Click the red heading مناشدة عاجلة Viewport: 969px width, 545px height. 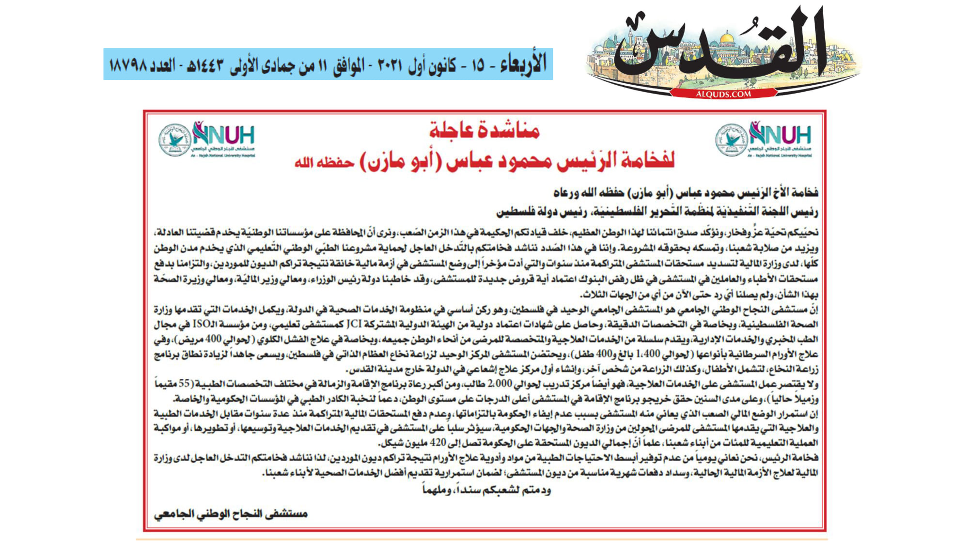pos(484,131)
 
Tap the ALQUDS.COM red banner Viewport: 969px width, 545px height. pos(723,94)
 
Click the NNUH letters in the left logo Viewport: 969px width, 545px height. pos(224,134)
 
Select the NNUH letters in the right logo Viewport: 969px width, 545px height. pos(780,134)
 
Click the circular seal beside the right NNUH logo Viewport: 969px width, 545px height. pos(731,140)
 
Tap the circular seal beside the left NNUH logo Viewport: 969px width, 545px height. pos(174,140)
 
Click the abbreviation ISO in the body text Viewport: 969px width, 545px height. pos(203,324)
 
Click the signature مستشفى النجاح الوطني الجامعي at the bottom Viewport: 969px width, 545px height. pos(231,514)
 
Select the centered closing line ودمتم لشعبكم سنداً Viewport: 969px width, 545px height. pos(486,490)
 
